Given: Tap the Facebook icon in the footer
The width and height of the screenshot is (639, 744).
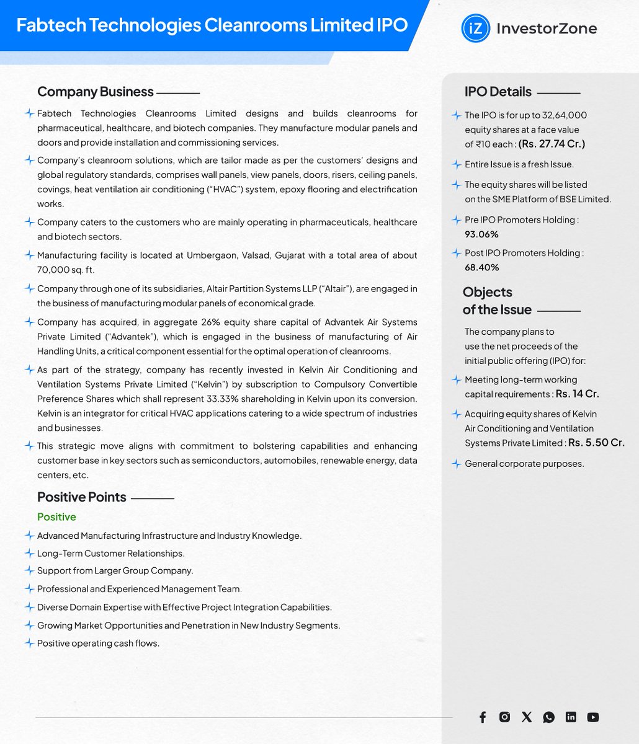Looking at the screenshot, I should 483,717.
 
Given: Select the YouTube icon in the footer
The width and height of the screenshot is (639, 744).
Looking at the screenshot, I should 593,717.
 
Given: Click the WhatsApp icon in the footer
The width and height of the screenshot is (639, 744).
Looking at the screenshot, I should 548,717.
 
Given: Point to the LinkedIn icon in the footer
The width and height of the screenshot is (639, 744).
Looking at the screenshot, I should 571,717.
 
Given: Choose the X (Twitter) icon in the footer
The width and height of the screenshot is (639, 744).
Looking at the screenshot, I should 527,717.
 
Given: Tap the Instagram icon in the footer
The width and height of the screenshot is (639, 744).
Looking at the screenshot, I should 505,717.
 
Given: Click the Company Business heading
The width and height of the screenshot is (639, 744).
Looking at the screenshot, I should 95,92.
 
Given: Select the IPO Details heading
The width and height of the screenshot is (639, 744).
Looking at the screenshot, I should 498,92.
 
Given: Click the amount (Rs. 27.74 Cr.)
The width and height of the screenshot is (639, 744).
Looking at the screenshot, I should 552,144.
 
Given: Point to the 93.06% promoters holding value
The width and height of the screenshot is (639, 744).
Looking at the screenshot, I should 481,234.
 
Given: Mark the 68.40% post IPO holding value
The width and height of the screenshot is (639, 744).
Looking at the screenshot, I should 481,268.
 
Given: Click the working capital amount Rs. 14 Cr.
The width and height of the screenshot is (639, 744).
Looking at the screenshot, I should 577,394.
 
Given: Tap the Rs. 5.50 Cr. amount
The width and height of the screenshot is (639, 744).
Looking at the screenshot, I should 596,443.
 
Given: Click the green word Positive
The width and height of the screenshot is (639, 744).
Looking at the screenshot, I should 56,517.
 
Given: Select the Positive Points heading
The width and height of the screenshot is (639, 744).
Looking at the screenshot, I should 81,497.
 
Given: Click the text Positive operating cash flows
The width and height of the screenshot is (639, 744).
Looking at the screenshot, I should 98,644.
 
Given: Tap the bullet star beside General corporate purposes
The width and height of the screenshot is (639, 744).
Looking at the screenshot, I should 457,464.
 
